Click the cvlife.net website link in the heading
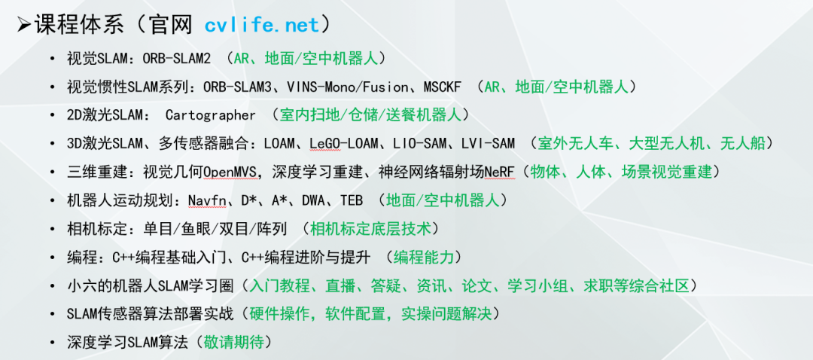tap(262, 25)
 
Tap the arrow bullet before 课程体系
tap(23, 25)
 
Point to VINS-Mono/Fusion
tap(340, 87)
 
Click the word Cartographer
tap(211, 115)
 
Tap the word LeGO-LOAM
tap(346, 143)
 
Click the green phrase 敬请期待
tap(236, 342)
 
